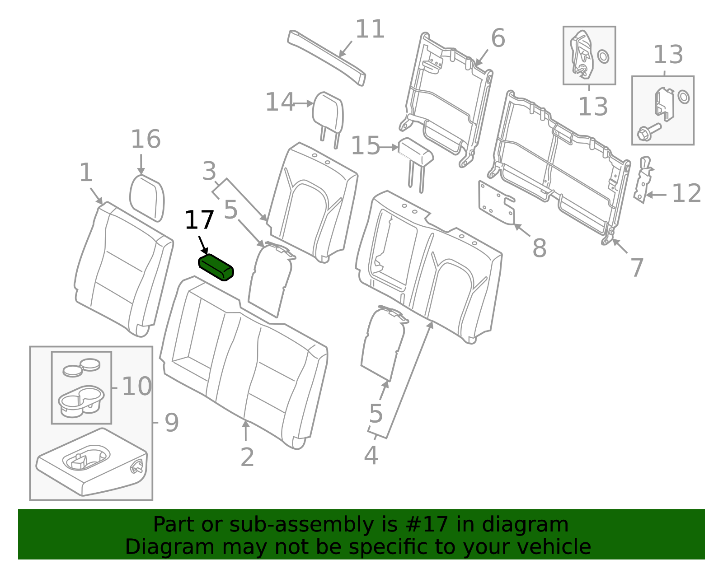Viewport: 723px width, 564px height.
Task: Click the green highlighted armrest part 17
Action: pyautogui.click(x=216, y=267)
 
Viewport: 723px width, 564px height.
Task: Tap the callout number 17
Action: pyautogui.click(x=199, y=221)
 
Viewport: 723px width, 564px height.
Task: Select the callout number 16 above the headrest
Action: pyautogui.click(x=146, y=140)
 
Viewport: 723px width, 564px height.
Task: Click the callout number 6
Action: pyautogui.click(x=498, y=38)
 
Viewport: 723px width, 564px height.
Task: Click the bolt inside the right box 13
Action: pyautogui.click(x=648, y=132)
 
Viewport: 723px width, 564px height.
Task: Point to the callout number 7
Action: pyautogui.click(x=637, y=268)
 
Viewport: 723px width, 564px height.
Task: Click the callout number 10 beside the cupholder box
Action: pyautogui.click(x=136, y=387)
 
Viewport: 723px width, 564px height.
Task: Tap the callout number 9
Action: pyautogui.click(x=171, y=423)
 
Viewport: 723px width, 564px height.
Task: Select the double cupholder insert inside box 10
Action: pyautogui.click(x=81, y=401)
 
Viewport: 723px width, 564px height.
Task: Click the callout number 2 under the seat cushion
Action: pyautogui.click(x=247, y=457)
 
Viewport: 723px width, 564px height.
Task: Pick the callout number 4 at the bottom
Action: pyautogui.click(x=371, y=456)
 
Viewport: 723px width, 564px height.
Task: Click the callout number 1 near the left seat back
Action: pyautogui.click(x=86, y=173)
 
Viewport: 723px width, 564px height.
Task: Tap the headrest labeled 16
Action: pyautogui.click(x=147, y=199)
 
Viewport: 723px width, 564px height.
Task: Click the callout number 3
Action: pyautogui.click(x=209, y=172)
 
